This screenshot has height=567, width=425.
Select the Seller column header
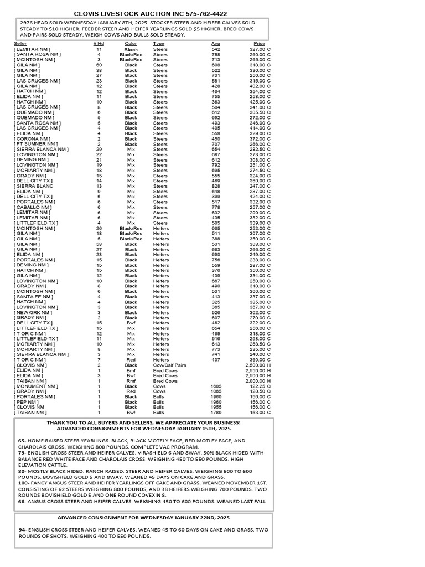coord(20,44)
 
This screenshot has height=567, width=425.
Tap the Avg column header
coord(215,44)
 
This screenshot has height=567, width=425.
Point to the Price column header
coord(259,44)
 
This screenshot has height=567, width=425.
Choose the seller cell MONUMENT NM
coord(36,386)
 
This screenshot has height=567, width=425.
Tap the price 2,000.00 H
coord(258,381)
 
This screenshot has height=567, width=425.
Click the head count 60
coord(99,65)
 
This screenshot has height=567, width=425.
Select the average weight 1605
coord(215,386)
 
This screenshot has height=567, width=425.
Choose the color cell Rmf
coord(131,381)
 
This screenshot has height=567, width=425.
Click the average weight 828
coord(215,186)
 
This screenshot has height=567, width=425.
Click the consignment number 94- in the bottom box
coord(23,530)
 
